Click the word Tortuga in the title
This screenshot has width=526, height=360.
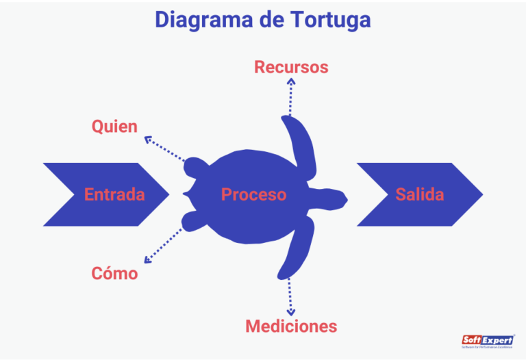tap(328, 19)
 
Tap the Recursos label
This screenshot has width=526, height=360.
tap(291, 67)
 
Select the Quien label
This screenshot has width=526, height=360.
tap(114, 127)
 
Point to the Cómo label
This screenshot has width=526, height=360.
tap(114, 274)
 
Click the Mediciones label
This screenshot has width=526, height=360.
tap(291, 326)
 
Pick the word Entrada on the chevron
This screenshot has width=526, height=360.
tap(114, 194)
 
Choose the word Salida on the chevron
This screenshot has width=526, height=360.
tap(419, 194)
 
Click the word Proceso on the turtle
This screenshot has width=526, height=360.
tap(253, 194)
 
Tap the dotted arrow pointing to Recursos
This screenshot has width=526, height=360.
tap(291, 96)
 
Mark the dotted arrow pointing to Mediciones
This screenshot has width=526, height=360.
tap(290, 294)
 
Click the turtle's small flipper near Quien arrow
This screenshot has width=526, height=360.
tap(195, 168)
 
